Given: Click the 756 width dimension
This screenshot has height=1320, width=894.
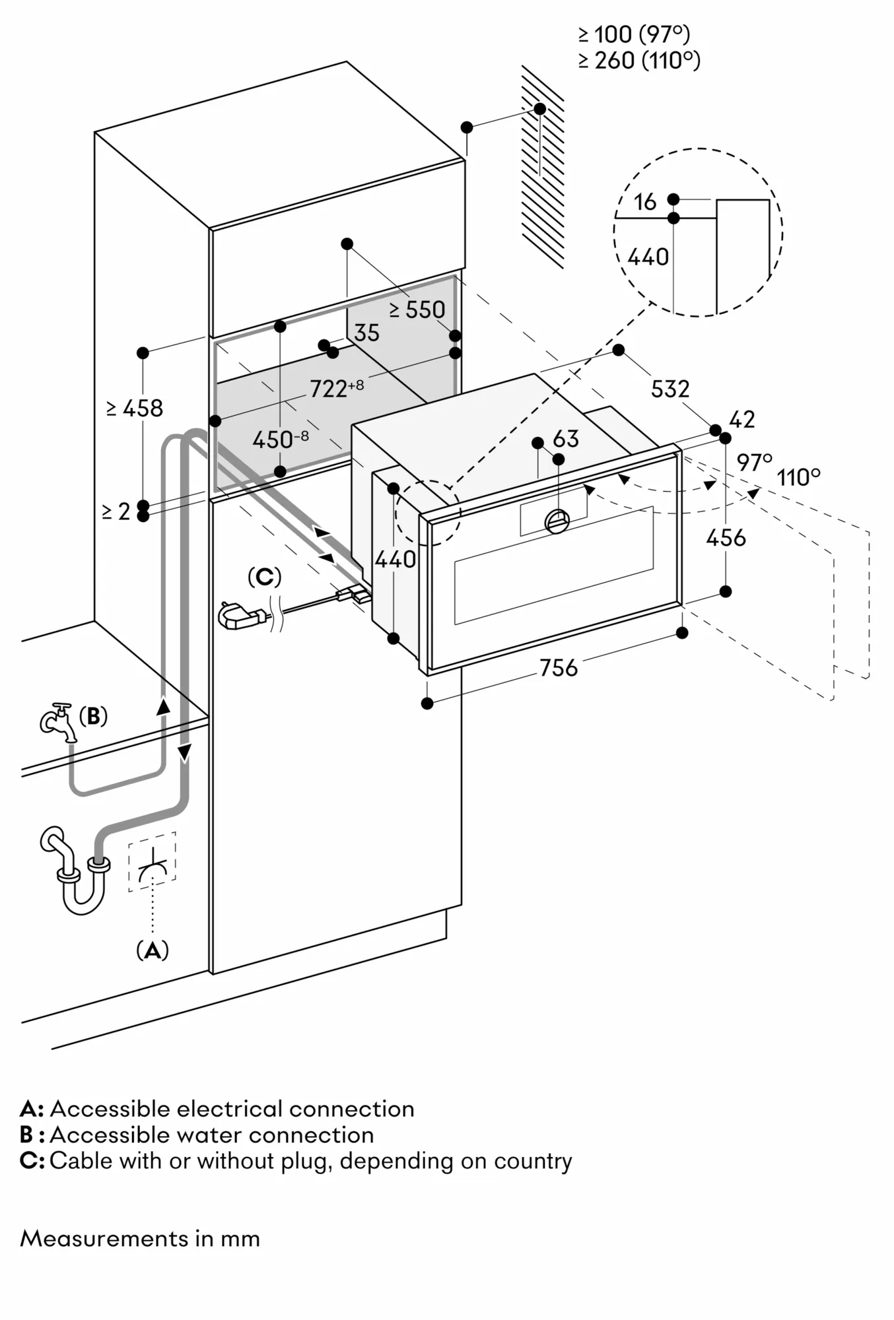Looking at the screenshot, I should [558, 668].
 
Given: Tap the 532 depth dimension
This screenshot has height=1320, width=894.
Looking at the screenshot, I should [670, 389].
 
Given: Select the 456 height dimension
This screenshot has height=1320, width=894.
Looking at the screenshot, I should [726, 538].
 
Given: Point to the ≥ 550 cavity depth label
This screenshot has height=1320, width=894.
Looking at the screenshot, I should [417, 310].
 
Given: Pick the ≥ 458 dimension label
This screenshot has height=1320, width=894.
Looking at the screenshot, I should [135, 408].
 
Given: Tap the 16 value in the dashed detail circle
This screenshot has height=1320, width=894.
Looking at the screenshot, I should [644, 202].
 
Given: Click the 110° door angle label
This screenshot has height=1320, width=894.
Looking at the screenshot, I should [798, 477].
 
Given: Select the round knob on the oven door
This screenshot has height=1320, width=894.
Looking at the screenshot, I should [557, 521].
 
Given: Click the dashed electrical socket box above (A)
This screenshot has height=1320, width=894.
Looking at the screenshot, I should [153, 861].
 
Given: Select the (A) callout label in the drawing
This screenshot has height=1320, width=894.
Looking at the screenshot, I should [153, 950].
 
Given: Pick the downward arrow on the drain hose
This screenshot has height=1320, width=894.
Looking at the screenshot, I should [185, 751].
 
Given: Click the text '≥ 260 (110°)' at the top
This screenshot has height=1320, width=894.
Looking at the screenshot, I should [638, 61].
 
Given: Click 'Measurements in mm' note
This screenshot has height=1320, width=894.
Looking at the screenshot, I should [140, 1239].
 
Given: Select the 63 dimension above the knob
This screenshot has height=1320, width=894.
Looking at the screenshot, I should [566, 439].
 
